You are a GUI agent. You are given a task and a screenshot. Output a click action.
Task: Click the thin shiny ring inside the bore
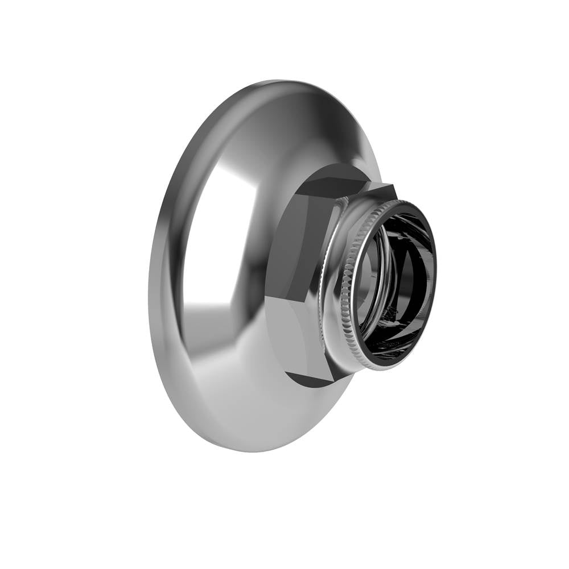tap(364, 284)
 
